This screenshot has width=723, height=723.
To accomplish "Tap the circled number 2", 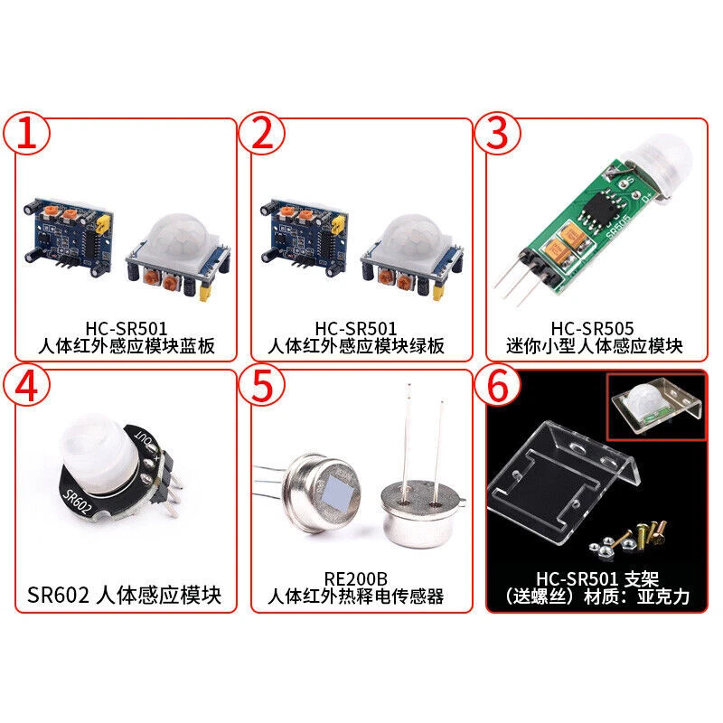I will pos(262,135).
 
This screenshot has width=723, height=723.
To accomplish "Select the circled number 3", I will pos(503,135).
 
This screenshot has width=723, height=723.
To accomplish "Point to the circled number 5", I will pos(262,386).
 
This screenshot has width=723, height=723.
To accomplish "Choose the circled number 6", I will pos(503,386).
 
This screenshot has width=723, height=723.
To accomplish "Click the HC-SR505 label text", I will pos(594,328).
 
